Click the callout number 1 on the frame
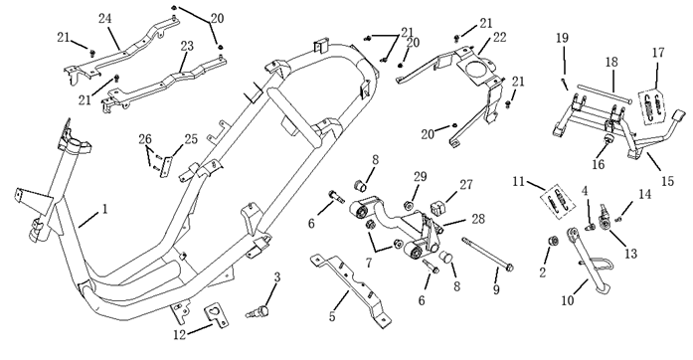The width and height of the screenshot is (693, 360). pos(104,209)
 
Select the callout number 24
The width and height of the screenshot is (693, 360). pos(104,19)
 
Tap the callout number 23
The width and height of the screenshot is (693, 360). pos(187,46)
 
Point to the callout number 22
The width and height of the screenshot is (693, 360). pos(499,38)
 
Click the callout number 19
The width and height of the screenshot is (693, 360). pos(562,38)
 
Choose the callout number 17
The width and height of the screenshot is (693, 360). pos(658,53)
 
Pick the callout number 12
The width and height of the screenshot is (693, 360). pos(179,335)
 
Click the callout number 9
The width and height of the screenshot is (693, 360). pos(496,289)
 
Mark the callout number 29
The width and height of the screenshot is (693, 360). pos(420,177)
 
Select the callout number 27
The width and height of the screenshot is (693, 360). pos(466,185)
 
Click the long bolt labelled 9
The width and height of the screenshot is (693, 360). pos(487,254)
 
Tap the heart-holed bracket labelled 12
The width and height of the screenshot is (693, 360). pos(217,315)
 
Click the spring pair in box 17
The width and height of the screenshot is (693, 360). pos(653,104)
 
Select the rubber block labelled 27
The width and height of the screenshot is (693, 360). pos(438,208)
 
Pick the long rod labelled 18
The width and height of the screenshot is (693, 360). pos(604,94)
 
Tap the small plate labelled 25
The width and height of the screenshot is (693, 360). pos(167,166)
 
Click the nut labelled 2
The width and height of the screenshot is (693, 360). pos(552,241)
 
